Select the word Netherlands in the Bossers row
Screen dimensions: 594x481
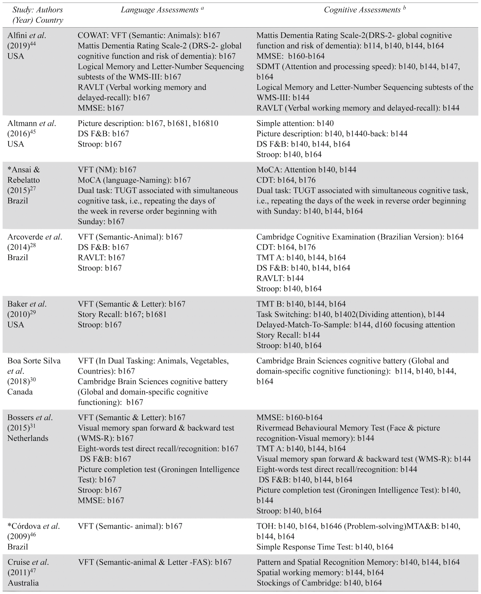(x=28, y=438)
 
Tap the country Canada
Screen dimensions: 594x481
(x=20, y=392)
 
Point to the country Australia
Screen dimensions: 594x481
(x=23, y=583)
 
